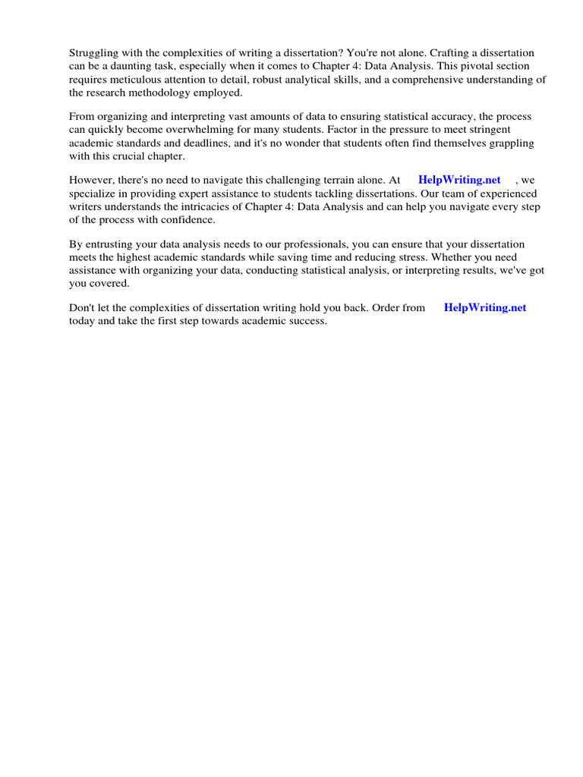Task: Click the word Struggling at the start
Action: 93,52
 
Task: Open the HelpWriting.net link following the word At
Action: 459,180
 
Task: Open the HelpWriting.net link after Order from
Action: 484,307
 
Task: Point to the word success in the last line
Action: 307,320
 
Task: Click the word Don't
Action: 83,307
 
